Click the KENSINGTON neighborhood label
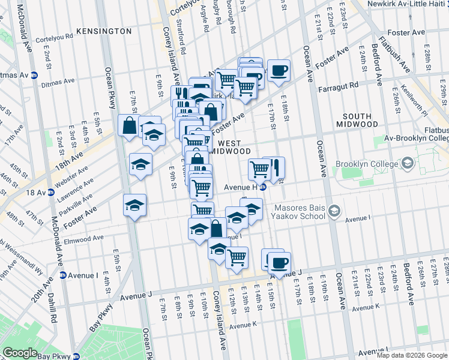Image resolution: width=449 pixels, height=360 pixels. (104, 31)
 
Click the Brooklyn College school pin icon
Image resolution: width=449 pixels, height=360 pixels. (408, 163)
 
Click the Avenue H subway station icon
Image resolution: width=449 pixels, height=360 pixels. (263, 187)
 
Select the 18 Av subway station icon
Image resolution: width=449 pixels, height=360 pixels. (51, 193)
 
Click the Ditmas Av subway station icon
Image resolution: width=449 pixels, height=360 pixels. (34, 76)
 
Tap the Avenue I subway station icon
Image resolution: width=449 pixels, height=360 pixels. (62, 275)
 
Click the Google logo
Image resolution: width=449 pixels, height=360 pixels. (20, 353)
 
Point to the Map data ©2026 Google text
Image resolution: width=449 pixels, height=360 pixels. (412, 355)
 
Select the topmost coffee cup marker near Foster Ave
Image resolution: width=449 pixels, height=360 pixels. (278, 70)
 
